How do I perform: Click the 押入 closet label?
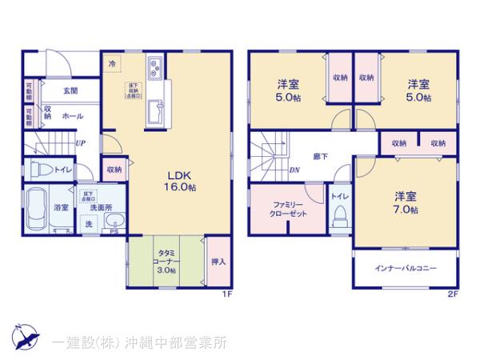[218, 261]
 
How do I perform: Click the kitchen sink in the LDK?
[154, 70]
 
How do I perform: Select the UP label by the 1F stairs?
[80, 143]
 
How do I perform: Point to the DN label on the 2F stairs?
[294, 169]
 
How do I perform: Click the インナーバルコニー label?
[406, 269]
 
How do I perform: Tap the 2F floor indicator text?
[452, 294]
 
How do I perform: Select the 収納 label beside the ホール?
[48, 114]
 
